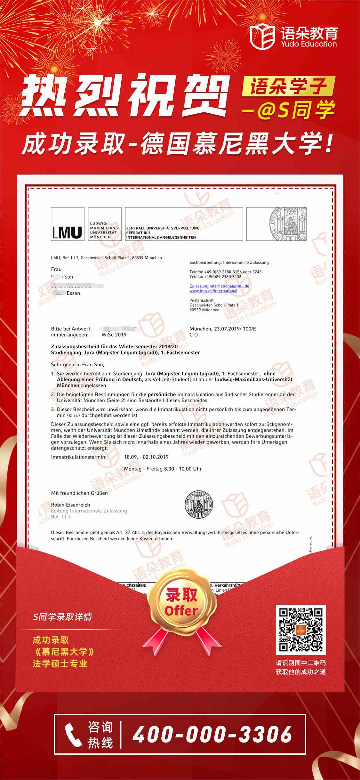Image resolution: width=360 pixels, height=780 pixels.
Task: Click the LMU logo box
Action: (x=68, y=224)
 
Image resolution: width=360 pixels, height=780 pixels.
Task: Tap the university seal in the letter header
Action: (x=287, y=224)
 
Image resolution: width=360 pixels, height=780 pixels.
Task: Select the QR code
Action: (x=300, y=630)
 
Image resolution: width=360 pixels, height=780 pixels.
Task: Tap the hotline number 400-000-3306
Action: (x=212, y=734)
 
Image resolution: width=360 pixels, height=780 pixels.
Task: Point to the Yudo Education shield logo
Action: (x=262, y=37)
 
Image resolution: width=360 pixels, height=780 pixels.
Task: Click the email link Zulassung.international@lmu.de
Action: (x=219, y=286)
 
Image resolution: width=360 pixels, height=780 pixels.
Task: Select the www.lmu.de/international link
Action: (x=213, y=291)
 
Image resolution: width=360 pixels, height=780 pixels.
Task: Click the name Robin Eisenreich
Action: (x=70, y=505)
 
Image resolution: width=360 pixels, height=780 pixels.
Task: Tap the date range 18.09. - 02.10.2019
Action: (x=146, y=457)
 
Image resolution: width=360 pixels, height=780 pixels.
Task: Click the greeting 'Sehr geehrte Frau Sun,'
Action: (x=77, y=364)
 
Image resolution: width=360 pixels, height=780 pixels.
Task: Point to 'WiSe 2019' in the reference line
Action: (x=114, y=335)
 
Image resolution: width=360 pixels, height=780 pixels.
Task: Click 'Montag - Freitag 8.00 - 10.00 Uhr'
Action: (x=163, y=469)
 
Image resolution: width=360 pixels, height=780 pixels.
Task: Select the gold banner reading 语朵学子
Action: (x=288, y=86)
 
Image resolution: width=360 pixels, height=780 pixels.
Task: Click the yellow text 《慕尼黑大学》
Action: (x=64, y=652)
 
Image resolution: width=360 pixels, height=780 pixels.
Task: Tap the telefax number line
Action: (x=215, y=277)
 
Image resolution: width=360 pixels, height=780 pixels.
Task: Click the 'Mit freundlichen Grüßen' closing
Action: (x=79, y=493)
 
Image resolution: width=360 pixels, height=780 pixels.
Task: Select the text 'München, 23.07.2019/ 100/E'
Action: (x=223, y=329)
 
